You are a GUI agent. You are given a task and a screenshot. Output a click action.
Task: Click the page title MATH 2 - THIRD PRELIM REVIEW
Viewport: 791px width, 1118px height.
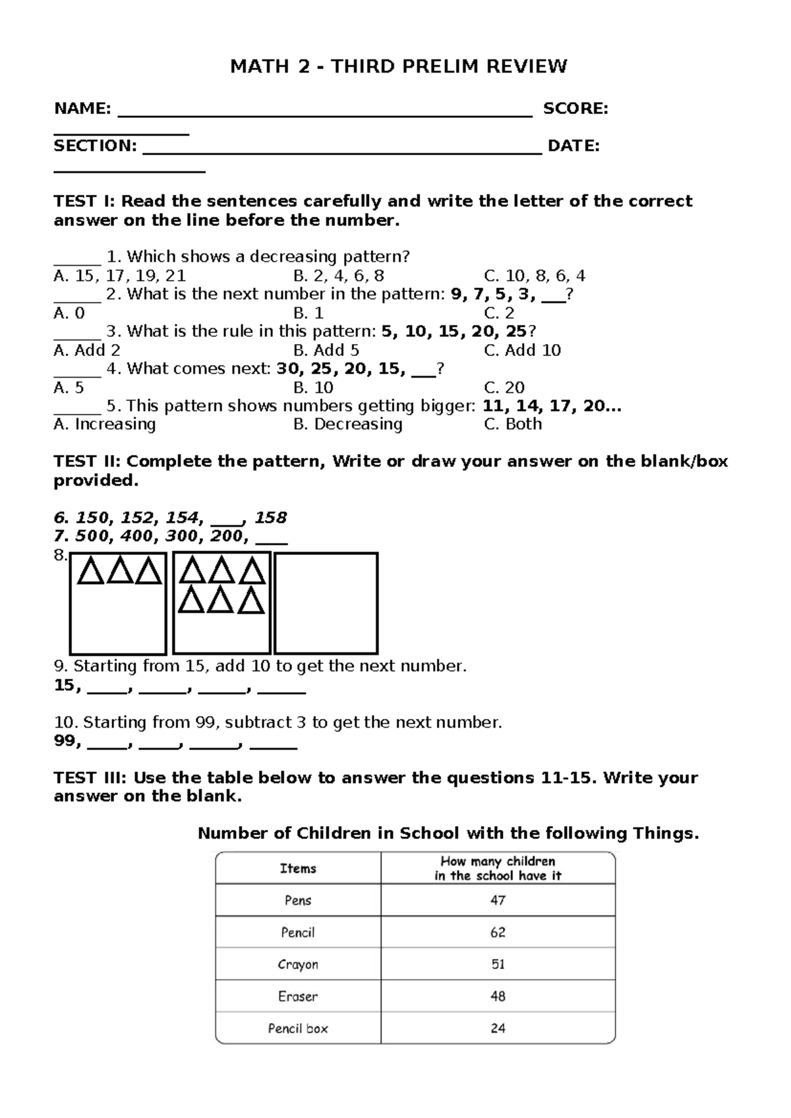pyautogui.click(x=398, y=67)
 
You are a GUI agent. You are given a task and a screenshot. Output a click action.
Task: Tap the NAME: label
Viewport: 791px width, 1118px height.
pyautogui.click(x=82, y=109)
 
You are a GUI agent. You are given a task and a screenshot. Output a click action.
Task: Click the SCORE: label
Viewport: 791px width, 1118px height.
pyautogui.click(x=575, y=109)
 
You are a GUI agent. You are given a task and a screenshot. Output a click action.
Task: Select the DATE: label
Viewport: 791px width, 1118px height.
pyautogui.click(x=573, y=146)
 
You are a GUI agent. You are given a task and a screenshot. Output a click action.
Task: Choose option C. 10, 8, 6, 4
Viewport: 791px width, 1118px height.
pyautogui.click(x=534, y=276)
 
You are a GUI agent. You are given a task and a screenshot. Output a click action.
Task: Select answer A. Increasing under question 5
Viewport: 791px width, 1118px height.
pyautogui.click(x=104, y=424)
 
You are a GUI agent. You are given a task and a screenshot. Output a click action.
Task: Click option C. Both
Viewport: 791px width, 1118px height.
pyautogui.click(x=512, y=424)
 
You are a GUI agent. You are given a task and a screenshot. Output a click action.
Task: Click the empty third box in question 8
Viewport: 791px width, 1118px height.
pyautogui.click(x=326, y=603)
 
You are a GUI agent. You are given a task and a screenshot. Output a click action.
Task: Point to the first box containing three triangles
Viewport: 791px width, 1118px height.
pyautogui.click(x=118, y=603)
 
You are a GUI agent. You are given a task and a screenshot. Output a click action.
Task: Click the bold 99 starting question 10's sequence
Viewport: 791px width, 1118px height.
pyautogui.click(x=65, y=742)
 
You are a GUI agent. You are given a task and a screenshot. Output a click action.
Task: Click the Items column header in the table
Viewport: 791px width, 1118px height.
pyautogui.click(x=298, y=868)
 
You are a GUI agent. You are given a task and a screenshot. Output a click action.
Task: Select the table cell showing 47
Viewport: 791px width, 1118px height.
pyautogui.click(x=498, y=900)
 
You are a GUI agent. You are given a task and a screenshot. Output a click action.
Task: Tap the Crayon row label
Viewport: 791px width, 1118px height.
pyautogui.click(x=298, y=964)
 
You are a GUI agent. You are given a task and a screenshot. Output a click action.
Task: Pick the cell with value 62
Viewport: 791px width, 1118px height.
pyautogui.click(x=498, y=932)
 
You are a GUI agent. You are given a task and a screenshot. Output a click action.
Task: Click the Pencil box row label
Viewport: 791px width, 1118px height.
pyautogui.click(x=298, y=1028)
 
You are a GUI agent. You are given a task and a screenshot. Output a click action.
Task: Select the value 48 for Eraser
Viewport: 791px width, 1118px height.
pyautogui.click(x=498, y=996)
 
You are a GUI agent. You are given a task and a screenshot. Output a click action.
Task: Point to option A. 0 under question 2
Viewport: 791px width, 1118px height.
pyautogui.click(x=69, y=313)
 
